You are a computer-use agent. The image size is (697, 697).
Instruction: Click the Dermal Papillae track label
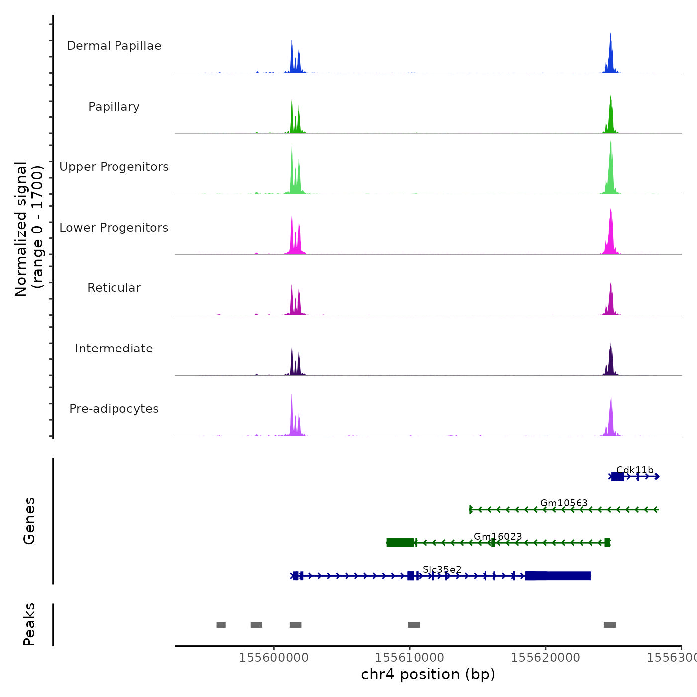[114, 46]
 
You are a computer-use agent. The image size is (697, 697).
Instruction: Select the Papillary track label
[114, 107]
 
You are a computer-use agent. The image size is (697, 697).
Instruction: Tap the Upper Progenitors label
[114, 167]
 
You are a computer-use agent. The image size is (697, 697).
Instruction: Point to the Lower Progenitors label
[114, 228]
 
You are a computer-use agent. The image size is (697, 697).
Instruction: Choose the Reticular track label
[114, 288]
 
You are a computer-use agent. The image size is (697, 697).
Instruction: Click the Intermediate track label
[114, 348]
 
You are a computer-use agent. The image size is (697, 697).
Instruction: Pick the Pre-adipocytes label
[114, 409]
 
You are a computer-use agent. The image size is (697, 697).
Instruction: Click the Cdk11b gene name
[635, 470]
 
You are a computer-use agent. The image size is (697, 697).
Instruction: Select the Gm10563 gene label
[564, 503]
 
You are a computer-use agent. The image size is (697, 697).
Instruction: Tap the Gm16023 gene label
[498, 536]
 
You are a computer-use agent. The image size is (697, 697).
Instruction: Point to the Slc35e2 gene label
[442, 569]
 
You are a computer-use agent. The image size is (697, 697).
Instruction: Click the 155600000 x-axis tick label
[274, 657]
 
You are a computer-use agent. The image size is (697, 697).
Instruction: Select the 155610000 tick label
[410, 657]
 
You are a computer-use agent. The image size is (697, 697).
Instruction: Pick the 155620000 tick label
[546, 657]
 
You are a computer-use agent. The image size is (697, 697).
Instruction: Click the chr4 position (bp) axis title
[428, 674]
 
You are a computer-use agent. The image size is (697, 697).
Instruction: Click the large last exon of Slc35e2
[558, 576]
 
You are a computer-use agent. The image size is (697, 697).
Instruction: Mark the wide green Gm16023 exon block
[400, 543]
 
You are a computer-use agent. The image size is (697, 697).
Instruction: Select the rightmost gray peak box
[610, 625]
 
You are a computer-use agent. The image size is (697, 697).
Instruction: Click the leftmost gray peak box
[221, 625]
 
